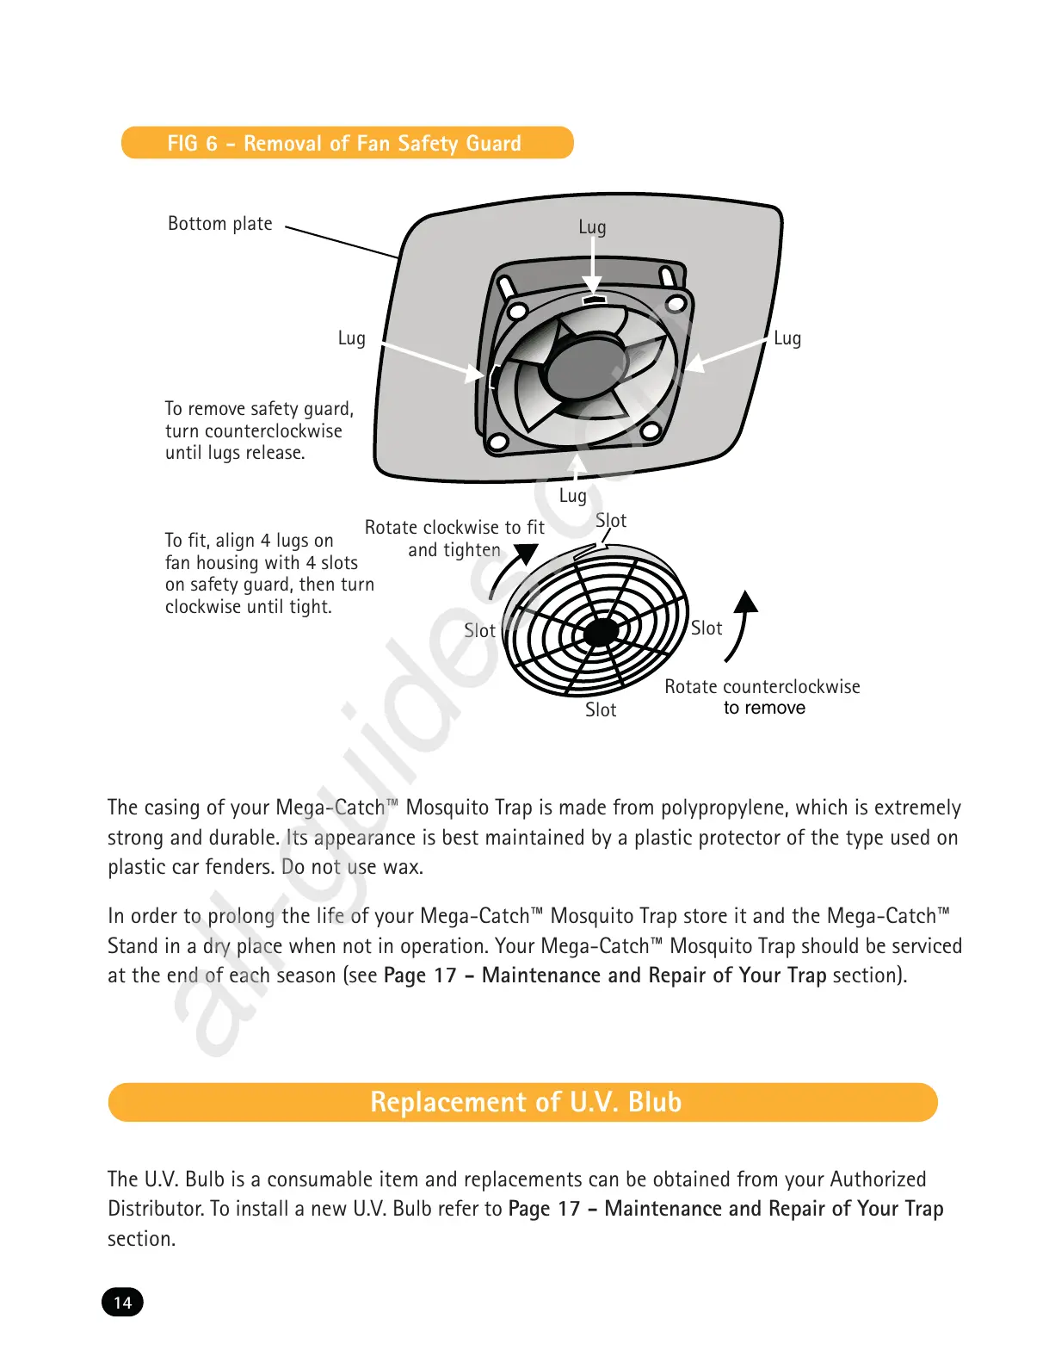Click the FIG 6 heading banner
(347, 143)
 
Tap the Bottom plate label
(219, 224)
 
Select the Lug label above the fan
(592, 227)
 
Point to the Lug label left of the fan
(351, 338)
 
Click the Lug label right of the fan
(787, 338)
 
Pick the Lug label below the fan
(573, 496)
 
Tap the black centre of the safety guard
(601, 632)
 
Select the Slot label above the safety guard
(611, 521)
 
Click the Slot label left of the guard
(479, 631)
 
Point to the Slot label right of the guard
(707, 628)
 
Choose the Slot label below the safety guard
(601, 710)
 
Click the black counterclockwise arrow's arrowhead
(747, 601)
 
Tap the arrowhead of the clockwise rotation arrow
(526, 554)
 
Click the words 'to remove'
(764, 709)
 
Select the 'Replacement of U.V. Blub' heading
(525, 1102)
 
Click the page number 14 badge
(123, 1302)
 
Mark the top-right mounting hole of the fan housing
(676, 304)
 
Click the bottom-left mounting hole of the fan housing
(497, 443)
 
